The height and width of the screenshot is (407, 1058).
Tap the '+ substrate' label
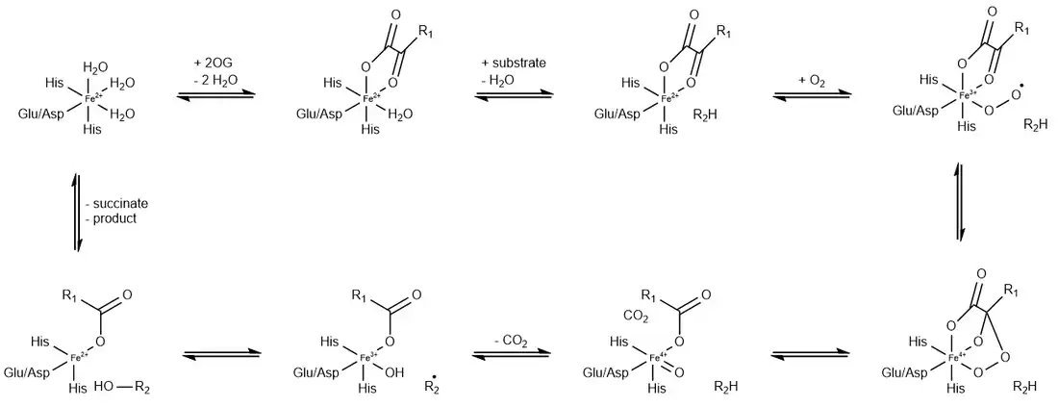coord(514,63)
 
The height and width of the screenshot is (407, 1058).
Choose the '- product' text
coord(112,218)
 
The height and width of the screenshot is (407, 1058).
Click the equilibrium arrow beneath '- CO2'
coord(511,354)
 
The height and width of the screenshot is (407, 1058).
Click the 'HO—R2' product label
coord(128,388)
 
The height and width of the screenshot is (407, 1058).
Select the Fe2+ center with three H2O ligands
coord(90,97)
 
